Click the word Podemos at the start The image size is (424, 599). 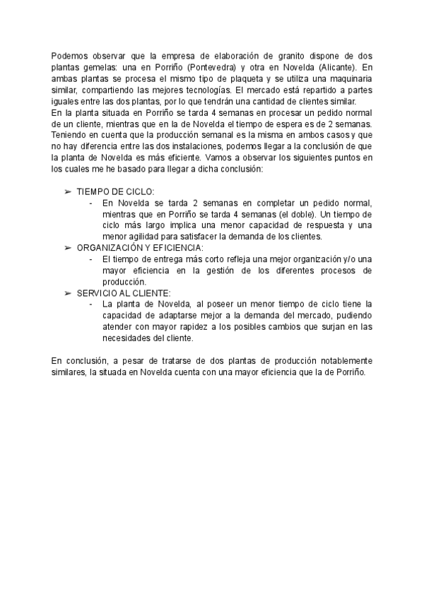coord(69,56)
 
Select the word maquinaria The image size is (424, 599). coord(346,78)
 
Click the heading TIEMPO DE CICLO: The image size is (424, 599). coord(115,191)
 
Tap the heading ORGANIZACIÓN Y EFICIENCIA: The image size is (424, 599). coord(140,248)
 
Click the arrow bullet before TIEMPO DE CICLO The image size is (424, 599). coord(68,191)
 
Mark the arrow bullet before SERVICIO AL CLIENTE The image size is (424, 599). coord(68,293)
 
